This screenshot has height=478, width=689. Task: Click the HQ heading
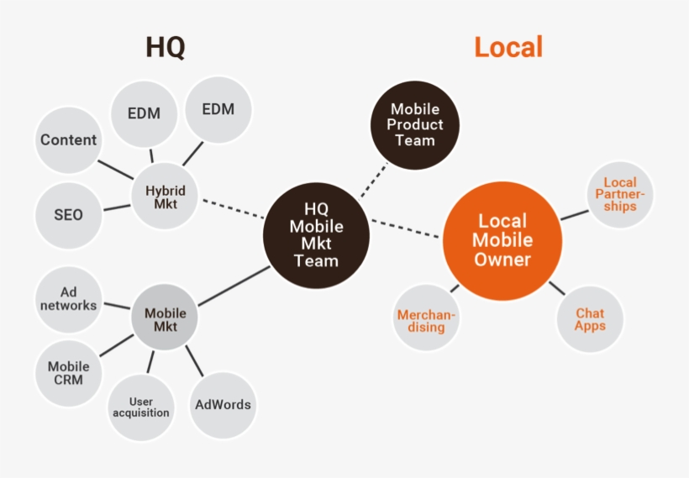tap(166, 47)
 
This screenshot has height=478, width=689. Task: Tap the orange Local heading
tap(508, 47)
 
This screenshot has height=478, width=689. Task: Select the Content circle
tap(69, 140)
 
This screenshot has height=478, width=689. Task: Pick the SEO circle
tap(69, 214)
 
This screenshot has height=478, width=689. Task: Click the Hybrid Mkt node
tap(166, 196)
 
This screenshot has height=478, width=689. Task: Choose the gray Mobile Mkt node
tap(166, 319)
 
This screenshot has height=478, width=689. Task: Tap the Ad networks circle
tap(69, 298)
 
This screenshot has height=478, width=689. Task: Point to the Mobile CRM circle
tap(69, 373)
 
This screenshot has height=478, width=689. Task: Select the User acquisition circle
tap(141, 407)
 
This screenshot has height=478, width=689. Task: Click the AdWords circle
tap(223, 404)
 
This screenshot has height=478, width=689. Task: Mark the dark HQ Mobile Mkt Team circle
tap(316, 236)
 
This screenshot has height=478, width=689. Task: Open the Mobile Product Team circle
tap(415, 125)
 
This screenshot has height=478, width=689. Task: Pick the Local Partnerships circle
tap(620, 194)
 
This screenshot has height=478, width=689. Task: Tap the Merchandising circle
tap(427, 320)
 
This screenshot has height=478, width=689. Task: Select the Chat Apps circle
tap(590, 319)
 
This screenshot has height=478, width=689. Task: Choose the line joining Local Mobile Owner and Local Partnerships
tap(574, 213)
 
